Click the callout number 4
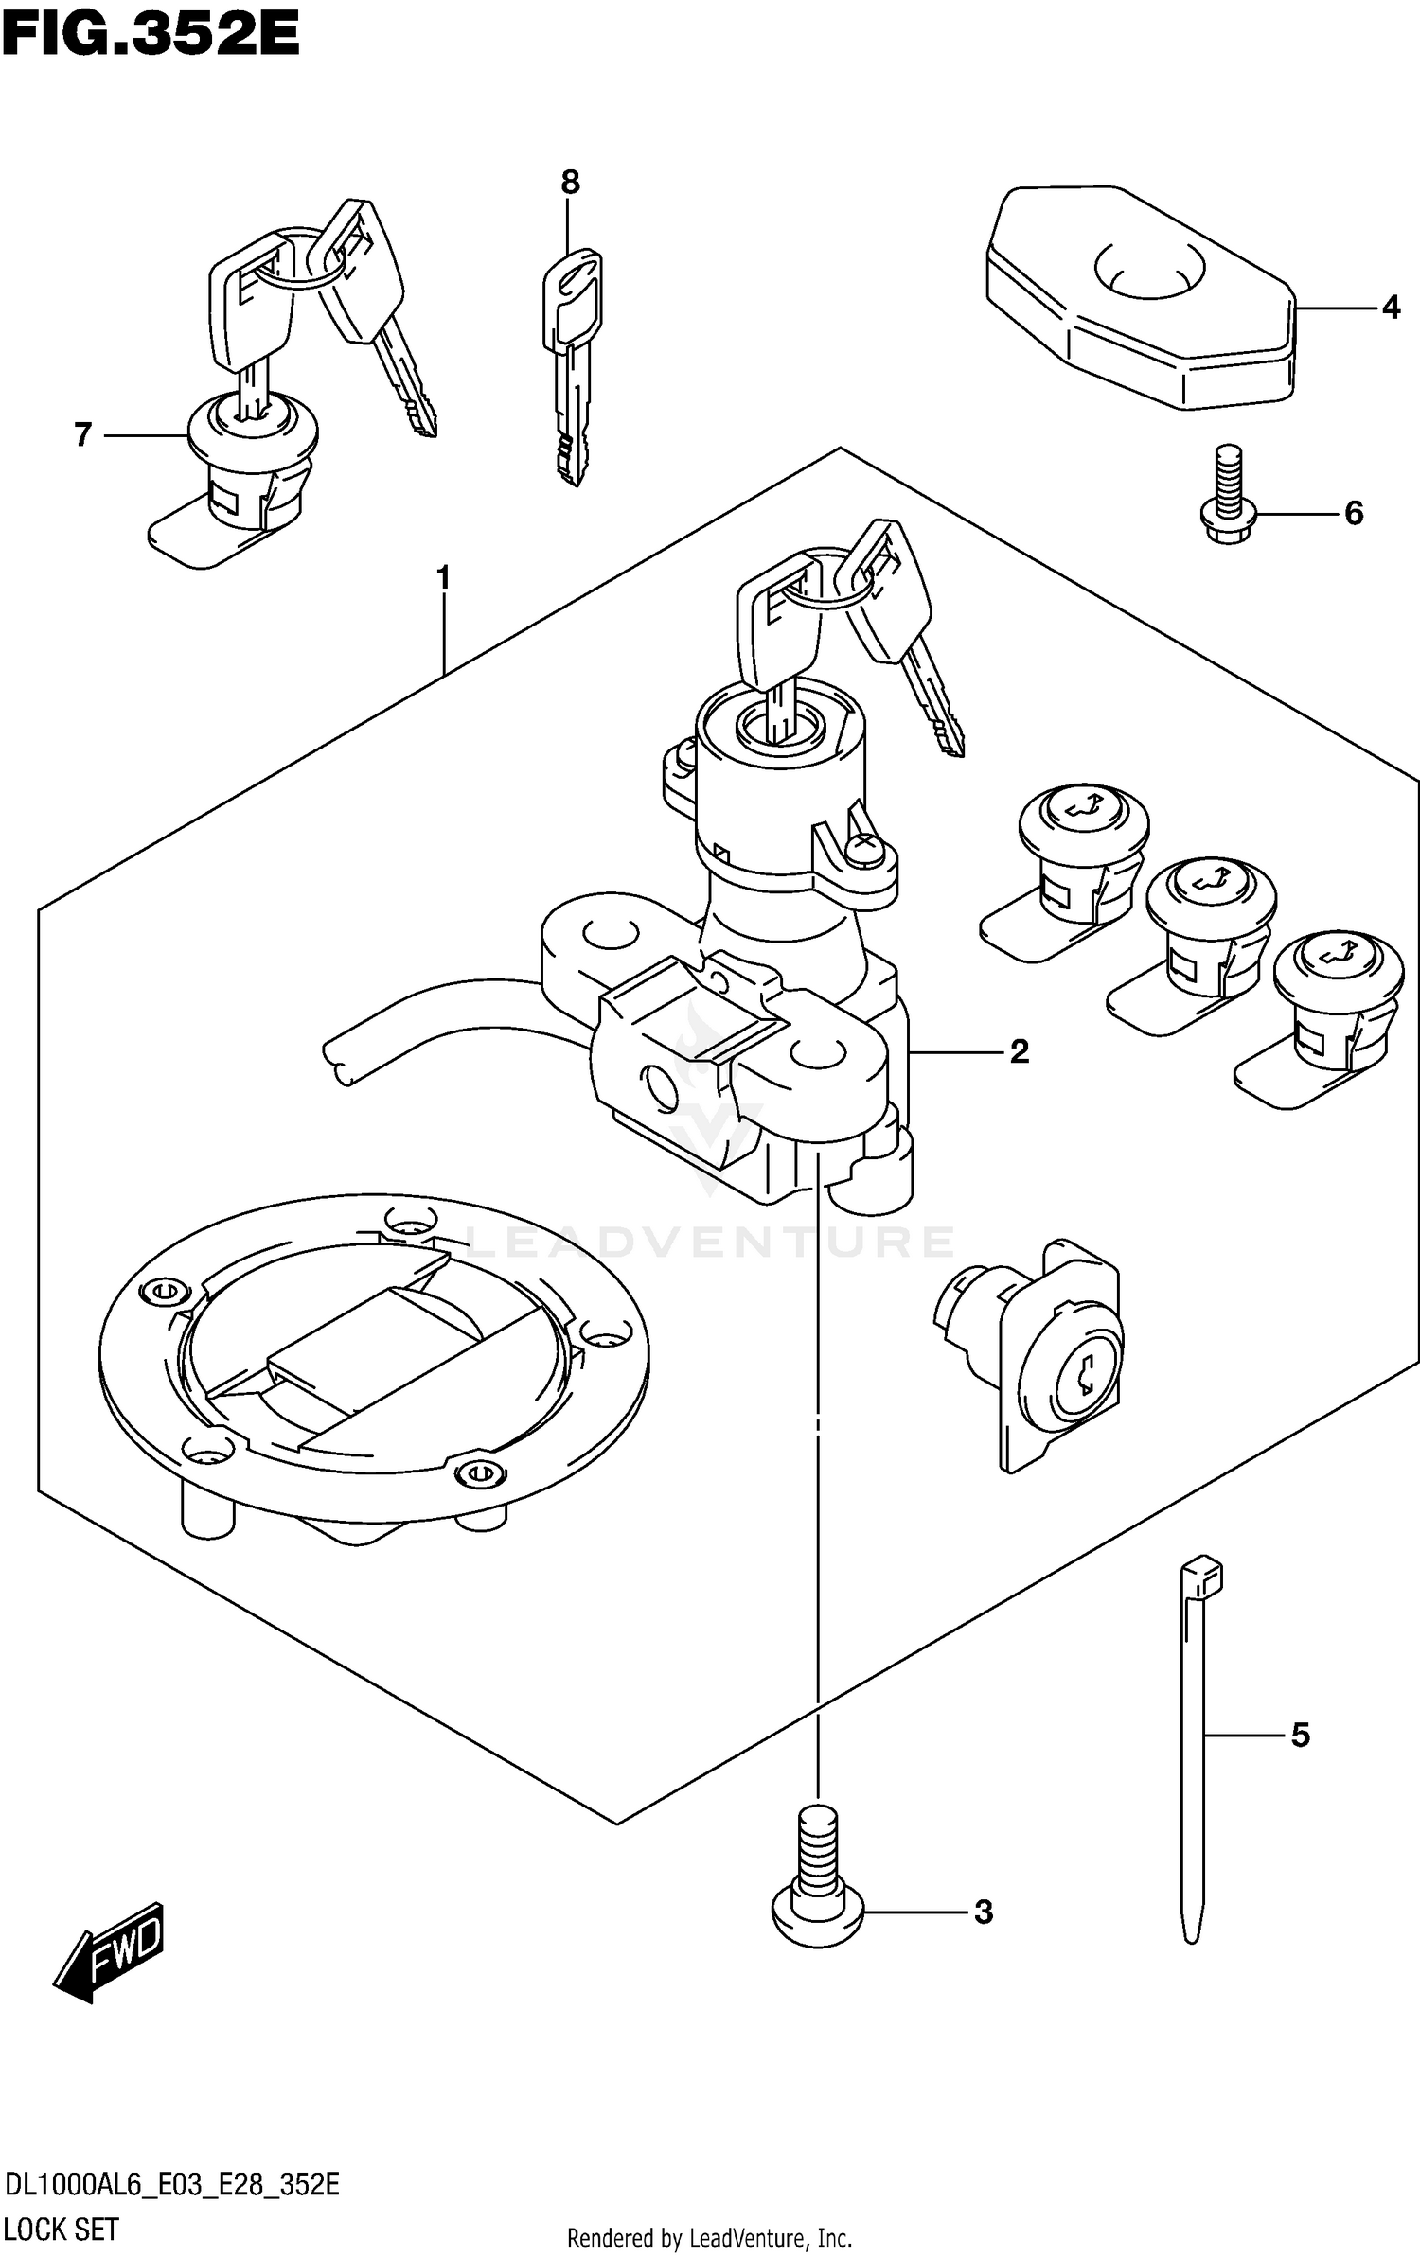pos(1390,308)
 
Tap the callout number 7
pos(83,435)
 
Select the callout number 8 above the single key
pos(570,182)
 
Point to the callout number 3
pos(984,1912)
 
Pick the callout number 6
pos(1354,514)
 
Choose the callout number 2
pos(1019,1051)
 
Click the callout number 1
pos(442,576)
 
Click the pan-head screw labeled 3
pos(817,1885)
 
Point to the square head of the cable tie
pos(1201,1577)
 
